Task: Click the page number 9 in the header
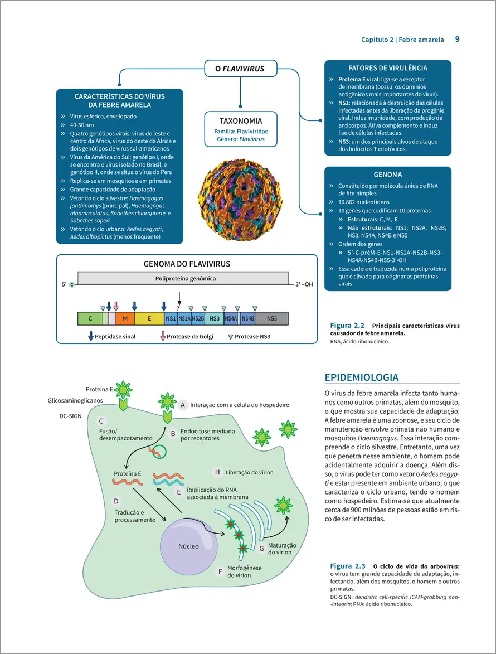[x=457, y=39]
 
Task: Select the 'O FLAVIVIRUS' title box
[x=240, y=69]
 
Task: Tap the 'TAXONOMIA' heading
[x=241, y=120]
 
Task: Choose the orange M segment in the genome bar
[x=125, y=318]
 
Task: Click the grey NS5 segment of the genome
[x=271, y=318]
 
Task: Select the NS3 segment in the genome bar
[x=215, y=318]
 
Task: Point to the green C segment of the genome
[x=90, y=318]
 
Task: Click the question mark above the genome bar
[x=178, y=308]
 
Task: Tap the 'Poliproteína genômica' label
[x=182, y=278]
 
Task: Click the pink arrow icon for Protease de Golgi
[x=163, y=336]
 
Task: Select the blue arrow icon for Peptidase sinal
[x=91, y=336]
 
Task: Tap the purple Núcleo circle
[x=188, y=546]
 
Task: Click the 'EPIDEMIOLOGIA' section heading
[x=361, y=377]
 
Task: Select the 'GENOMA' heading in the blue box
[x=388, y=175]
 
